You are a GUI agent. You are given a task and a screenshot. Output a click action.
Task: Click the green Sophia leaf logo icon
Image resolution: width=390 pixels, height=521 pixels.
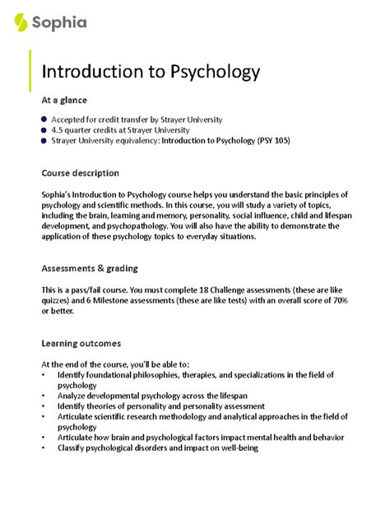[x=21, y=22]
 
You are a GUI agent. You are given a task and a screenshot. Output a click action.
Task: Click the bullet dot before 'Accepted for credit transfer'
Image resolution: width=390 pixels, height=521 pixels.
[x=44, y=120]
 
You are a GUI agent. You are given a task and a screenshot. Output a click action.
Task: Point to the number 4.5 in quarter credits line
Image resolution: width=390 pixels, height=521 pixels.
[x=59, y=130]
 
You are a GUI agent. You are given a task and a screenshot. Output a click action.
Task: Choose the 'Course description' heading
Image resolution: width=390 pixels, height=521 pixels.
[x=80, y=173]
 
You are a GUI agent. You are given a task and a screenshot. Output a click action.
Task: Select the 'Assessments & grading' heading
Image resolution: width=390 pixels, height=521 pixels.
[x=89, y=269]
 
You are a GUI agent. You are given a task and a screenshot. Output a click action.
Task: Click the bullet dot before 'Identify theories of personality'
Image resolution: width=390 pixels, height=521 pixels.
[x=44, y=406]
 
